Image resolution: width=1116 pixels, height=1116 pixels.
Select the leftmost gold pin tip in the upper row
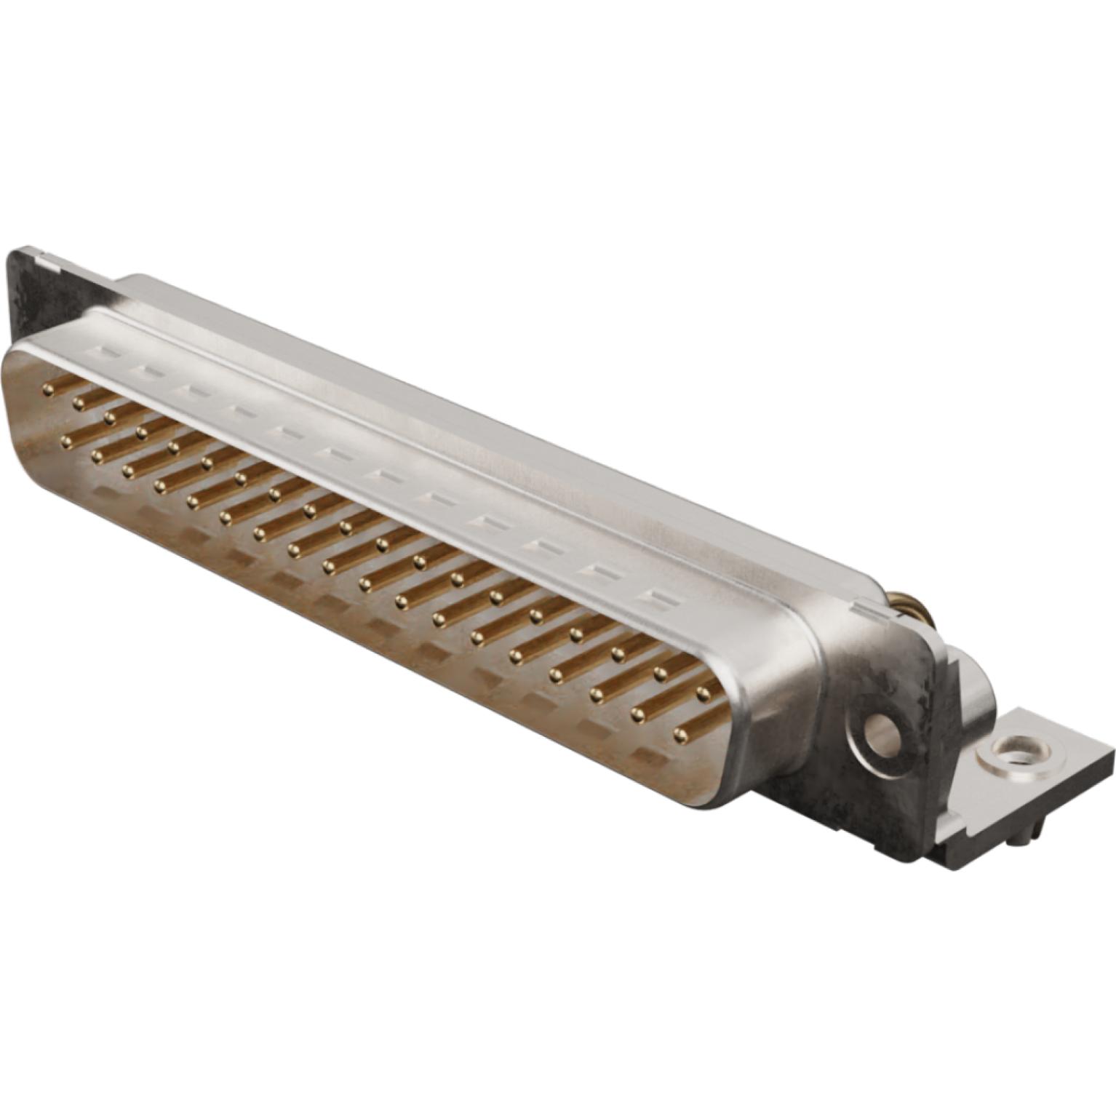pyautogui.click(x=49, y=391)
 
